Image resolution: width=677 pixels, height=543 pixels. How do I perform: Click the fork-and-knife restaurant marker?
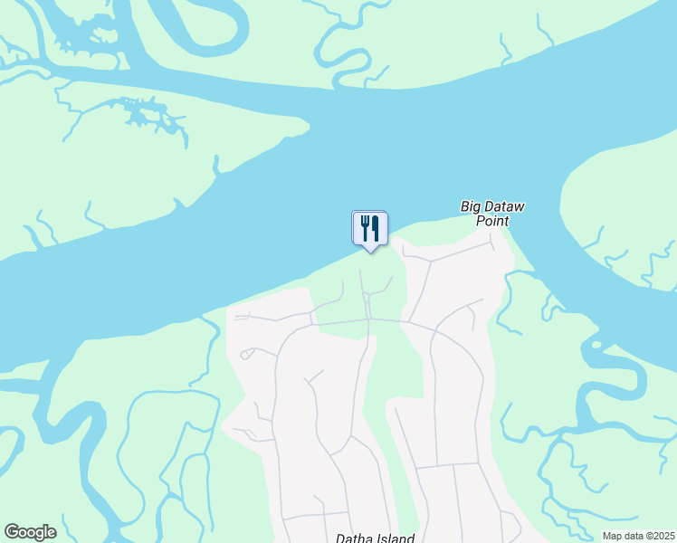369,228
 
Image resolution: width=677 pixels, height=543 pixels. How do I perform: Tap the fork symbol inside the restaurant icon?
365,226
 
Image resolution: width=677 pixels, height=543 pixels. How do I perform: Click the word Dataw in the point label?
504,207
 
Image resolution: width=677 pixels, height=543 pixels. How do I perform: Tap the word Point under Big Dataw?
492,221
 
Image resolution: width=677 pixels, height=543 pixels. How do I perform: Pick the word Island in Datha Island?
395,538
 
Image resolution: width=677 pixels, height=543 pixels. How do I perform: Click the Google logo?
30,532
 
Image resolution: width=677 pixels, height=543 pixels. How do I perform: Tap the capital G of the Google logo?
12,532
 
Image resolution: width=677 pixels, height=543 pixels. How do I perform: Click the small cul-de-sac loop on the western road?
244,356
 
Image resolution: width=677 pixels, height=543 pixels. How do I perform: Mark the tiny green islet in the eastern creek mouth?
595,344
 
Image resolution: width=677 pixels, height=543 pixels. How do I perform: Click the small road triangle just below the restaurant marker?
367,298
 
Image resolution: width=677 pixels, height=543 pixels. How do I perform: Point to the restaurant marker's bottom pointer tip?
369,252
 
